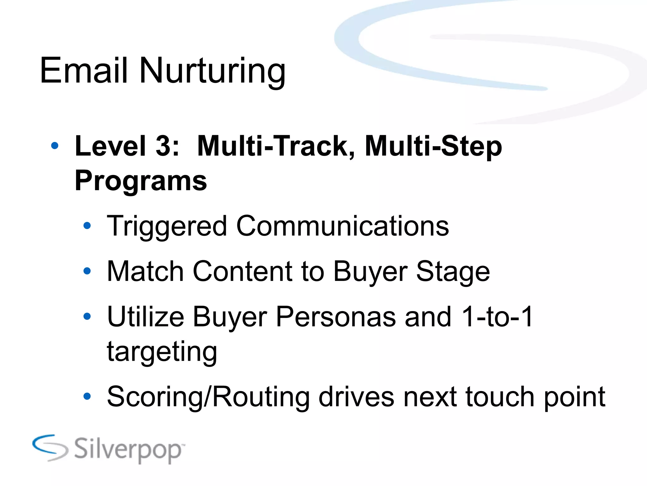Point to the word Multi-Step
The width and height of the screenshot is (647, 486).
click(x=433, y=146)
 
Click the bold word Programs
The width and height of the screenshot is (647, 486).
click(x=141, y=181)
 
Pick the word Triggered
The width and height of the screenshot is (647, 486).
click(x=167, y=227)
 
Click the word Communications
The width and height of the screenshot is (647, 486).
click(x=342, y=226)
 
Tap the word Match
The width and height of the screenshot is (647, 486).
click(x=145, y=271)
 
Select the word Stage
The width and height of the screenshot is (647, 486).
click(x=453, y=272)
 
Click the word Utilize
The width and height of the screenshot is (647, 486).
click(x=145, y=317)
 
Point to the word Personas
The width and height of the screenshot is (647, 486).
click(x=336, y=317)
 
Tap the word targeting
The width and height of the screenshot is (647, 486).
click(x=162, y=352)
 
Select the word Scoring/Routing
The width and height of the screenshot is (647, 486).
click(x=208, y=397)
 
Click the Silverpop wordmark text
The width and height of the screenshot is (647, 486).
click(x=128, y=449)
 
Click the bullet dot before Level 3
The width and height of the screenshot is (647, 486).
click(x=55, y=146)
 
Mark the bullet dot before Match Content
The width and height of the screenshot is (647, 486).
click(x=87, y=271)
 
